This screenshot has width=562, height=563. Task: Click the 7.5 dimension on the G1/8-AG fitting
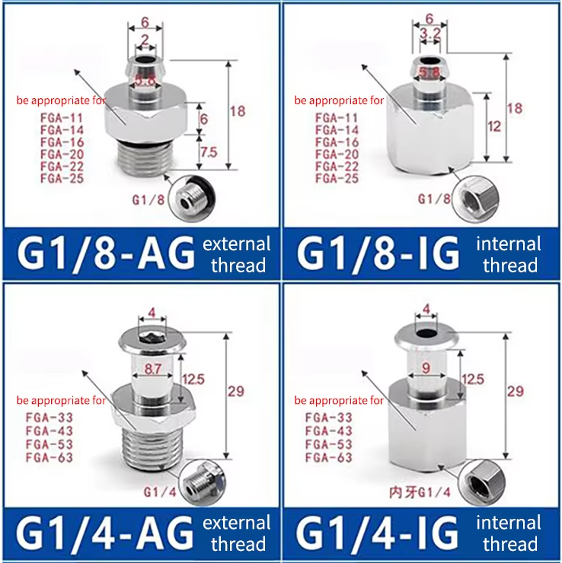209,152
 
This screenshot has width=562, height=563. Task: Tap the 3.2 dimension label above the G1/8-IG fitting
430,33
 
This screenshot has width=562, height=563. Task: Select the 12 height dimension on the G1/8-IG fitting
494,126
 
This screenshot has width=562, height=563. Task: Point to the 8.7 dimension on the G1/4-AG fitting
153,369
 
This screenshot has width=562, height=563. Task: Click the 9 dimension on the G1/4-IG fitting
426,367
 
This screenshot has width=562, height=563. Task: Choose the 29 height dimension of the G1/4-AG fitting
236,391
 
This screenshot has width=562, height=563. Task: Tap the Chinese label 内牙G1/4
420,492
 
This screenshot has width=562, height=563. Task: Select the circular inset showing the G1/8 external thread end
192,199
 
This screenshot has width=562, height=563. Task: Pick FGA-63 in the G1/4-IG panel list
329,458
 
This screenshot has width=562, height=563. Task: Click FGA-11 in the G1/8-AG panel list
62,118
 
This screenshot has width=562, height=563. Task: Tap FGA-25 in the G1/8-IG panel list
337,179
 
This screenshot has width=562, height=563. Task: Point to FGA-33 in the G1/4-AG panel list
49,418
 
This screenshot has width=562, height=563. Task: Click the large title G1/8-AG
106,253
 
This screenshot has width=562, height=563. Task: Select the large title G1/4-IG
377,533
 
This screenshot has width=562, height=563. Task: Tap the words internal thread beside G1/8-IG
509,255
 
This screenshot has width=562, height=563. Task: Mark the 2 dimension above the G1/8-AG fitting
145,40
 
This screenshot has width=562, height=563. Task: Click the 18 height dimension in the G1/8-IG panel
514,108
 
